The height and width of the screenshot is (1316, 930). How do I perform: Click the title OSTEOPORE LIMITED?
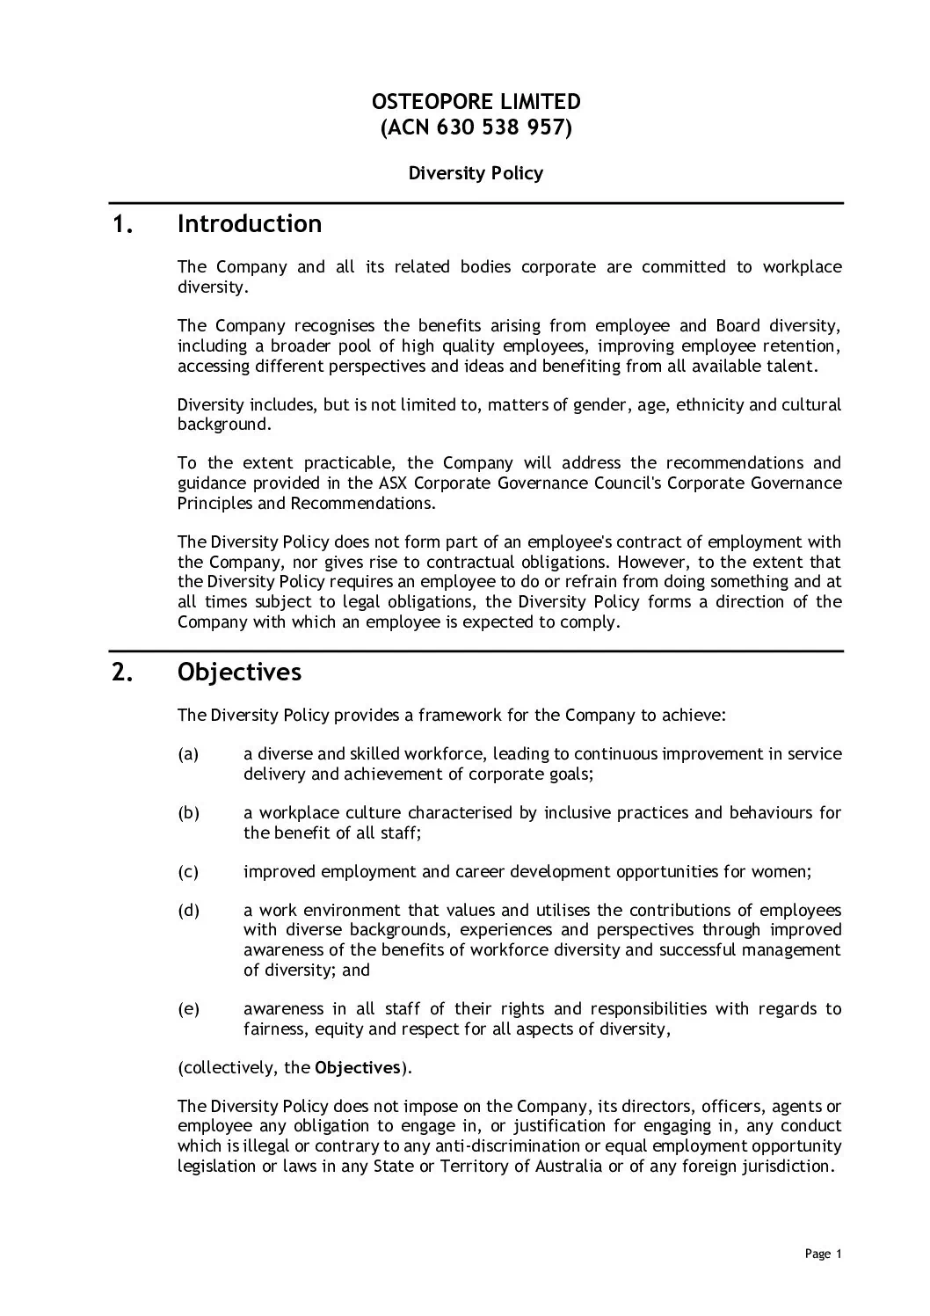coord(476,102)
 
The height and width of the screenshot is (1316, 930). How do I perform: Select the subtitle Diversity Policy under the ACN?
coord(476,173)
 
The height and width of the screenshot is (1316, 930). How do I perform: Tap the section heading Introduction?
coord(250,224)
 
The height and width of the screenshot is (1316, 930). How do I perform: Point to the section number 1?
coord(123,225)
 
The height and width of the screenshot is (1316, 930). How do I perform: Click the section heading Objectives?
coord(239,673)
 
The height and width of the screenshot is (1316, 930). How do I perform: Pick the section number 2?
coord(123,673)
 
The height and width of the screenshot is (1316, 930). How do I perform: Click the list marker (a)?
coord(188,754)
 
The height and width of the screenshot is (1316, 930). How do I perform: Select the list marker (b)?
coord(188,813)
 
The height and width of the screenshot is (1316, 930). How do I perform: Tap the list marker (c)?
coord(188,872)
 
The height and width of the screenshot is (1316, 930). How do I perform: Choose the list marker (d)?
coord(188,911)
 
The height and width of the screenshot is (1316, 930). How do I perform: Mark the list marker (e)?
coord(188,1009)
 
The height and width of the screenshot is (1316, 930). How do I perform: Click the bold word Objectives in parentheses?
coord(358,1068)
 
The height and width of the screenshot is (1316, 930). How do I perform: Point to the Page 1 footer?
coord(823,1254)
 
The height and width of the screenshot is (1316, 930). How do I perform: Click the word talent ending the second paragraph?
coord(792,366)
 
